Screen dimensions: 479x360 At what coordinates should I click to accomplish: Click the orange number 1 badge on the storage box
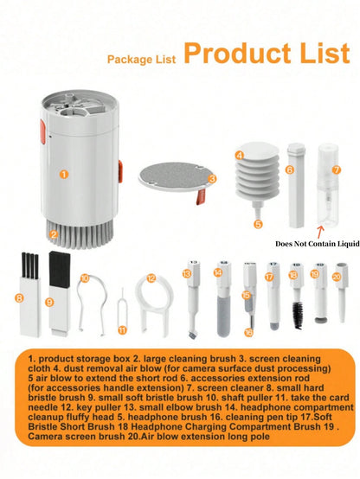62,174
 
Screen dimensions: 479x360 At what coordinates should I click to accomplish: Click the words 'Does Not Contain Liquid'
316,244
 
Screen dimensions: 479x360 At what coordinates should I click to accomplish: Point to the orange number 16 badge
248,332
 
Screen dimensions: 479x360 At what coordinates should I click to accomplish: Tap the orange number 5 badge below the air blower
257,224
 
